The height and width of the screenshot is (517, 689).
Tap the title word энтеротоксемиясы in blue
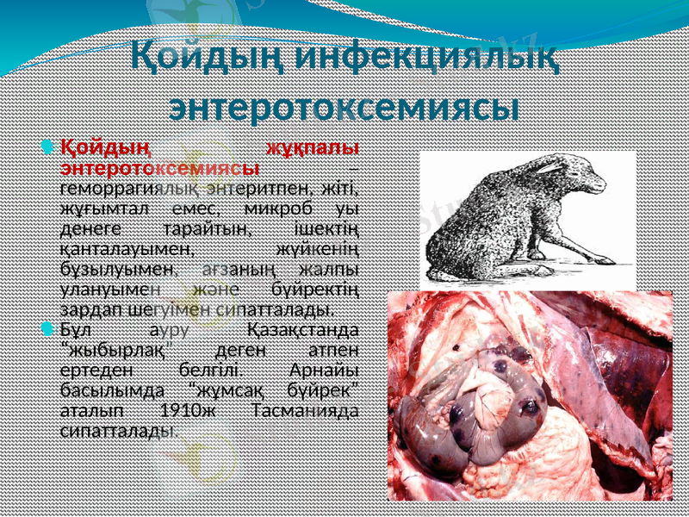[x=344, y=109]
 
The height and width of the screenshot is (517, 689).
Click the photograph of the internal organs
[x=529, y=396]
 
